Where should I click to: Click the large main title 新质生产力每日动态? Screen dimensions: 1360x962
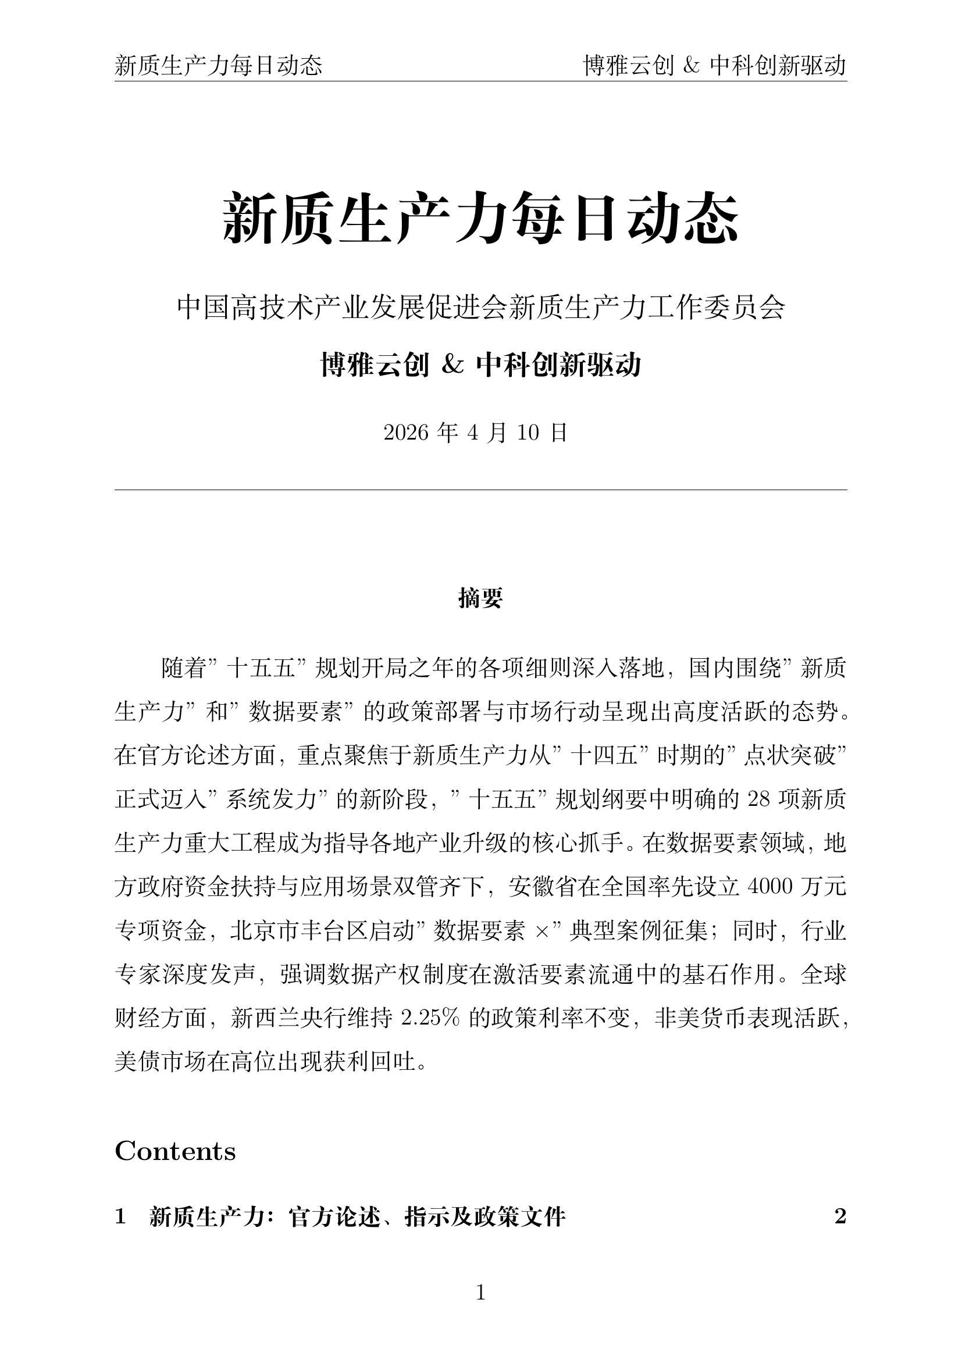(x=480, y=219)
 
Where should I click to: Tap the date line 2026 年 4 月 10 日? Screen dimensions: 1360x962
(x=476, y=433)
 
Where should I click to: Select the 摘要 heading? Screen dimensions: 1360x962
(x=480, y=598)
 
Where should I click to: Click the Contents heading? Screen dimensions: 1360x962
(x=175, y=1151)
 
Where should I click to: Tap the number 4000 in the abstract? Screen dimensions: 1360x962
(x=770, y=887)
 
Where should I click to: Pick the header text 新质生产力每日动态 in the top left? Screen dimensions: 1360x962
(x=219, y=65)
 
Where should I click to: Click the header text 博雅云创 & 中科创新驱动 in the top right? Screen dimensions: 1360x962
(x=715, y=65)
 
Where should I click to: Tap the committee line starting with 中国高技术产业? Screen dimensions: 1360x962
(x=480, y=308)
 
